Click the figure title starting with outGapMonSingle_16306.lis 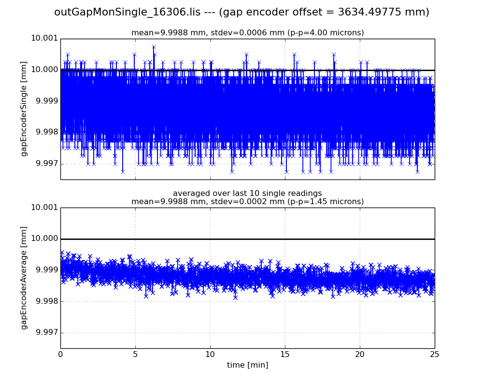[241, 12]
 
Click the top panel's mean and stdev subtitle [247, 33]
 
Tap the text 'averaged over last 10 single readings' [247, 193]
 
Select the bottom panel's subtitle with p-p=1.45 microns [247, 202]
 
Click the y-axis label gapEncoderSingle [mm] [24, 109]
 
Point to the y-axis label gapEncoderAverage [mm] [24, 278]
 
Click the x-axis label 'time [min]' [247, 365]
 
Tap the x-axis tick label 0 [60, 355]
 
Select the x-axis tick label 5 [135, 355]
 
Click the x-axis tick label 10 [210, 355]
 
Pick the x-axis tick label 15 [285, 355]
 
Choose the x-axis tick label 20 [360, 355]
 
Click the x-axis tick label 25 [435, 355]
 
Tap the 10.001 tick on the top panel [44, 39]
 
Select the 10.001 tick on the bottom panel [44, 208]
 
